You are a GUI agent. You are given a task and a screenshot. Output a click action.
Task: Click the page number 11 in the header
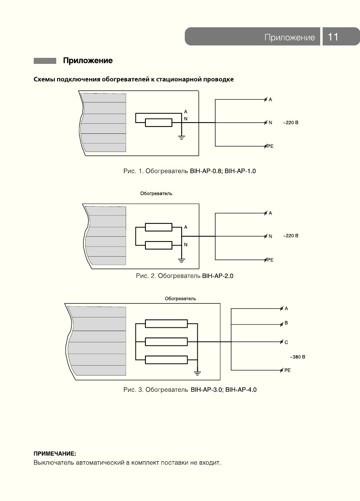(333, 37)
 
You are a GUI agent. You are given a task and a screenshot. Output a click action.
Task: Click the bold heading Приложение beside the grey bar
(88, 61)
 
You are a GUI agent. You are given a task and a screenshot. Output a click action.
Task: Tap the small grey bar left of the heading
(45, 61)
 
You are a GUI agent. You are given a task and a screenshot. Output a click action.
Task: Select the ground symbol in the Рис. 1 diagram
(182, 138)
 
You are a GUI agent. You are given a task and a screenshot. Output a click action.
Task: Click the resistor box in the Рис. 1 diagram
(159, 123)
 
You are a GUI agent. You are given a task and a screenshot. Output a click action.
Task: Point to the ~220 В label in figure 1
(291, 123)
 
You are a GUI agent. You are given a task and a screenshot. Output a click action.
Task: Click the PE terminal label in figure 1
(270, 146)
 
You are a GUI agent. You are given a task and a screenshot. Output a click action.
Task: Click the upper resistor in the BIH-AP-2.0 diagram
(159, 227)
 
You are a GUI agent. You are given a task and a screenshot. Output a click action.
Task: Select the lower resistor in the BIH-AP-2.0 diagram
(159, 245)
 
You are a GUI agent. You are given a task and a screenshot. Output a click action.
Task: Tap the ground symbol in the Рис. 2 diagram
(182, 260)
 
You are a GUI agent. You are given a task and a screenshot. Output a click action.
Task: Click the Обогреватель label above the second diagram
(156, 194)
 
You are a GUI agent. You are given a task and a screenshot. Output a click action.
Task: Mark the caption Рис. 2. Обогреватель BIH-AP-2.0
(184, 276)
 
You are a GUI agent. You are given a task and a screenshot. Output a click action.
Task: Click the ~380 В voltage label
(297, 357)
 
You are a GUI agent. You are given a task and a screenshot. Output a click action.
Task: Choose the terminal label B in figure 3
(286, 323)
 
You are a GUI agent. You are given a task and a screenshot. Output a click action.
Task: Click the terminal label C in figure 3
(286, 342)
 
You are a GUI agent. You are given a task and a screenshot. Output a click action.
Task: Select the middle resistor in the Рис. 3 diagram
(166, 342)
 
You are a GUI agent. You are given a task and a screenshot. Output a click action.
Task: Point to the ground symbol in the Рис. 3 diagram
(197, 373)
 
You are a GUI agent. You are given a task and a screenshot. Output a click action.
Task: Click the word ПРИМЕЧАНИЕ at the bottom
(55, 454)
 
